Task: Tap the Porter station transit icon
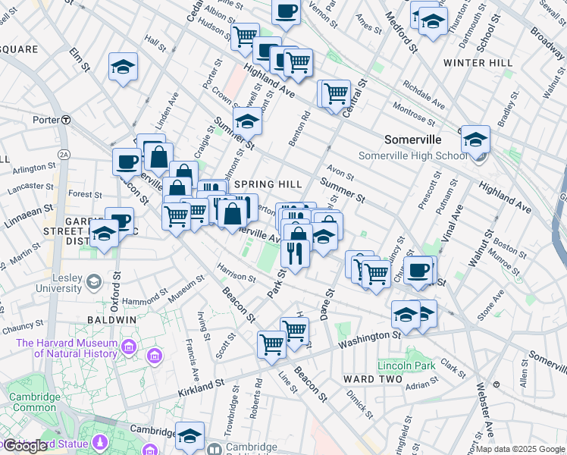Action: (x=67, y=120)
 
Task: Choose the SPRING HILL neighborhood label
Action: (x=268, y=184)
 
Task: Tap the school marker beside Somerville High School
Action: (x=475, y=140)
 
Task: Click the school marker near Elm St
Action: (x=123, y=67)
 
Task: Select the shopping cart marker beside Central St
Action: (x=335, y=94)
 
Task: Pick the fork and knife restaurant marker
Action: (x=294, y=252)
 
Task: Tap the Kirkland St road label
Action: (x=202, y=388)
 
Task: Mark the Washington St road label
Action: (x=369, y=339)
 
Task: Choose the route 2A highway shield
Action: (x=64, y=155)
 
